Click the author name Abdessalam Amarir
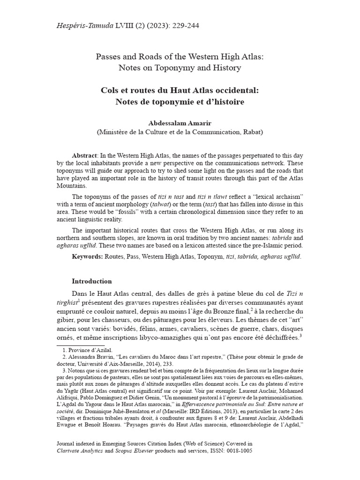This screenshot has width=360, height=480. pyautogui.click(x=180, y=123)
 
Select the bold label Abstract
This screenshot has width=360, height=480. pyautogui.click(x=84, y=155)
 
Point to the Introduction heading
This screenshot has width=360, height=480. pyautogui.click(x=92, y=281)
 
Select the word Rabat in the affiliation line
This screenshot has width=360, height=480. pyautogui.click(x=250, y=132)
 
